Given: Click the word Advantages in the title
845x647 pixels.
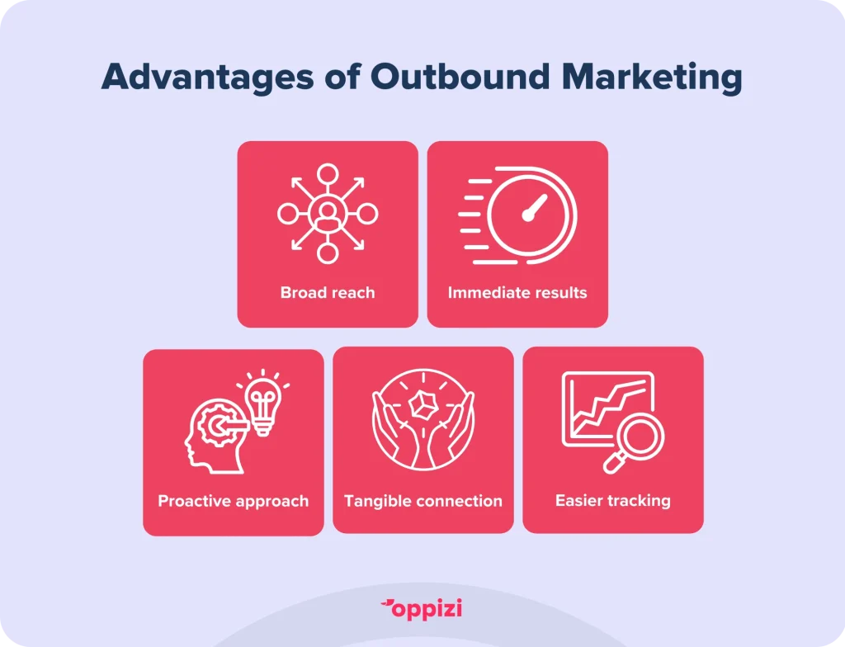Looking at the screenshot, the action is (207, 77).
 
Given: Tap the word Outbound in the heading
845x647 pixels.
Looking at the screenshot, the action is (460, 76).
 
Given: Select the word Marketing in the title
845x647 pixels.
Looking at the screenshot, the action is (652, 77).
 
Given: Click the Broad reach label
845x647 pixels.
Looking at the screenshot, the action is (328, 292).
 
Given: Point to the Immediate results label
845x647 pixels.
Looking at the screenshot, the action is (517, 292).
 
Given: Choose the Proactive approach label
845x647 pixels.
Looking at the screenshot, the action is (234, 502).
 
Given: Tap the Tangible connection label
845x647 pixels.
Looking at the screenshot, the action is (423, 502).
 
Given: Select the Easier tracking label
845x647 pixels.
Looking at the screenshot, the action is (613, 501).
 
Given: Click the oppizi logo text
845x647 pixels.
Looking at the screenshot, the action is (427, 610).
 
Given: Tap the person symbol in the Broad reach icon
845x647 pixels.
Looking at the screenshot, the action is (327, 214).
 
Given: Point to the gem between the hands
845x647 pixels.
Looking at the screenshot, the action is (423, 405).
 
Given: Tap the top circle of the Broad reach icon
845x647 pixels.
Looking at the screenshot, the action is (328, 173).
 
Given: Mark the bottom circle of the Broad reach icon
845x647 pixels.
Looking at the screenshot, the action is (328, 253).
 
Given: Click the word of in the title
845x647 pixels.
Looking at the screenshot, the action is (342, 76).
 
